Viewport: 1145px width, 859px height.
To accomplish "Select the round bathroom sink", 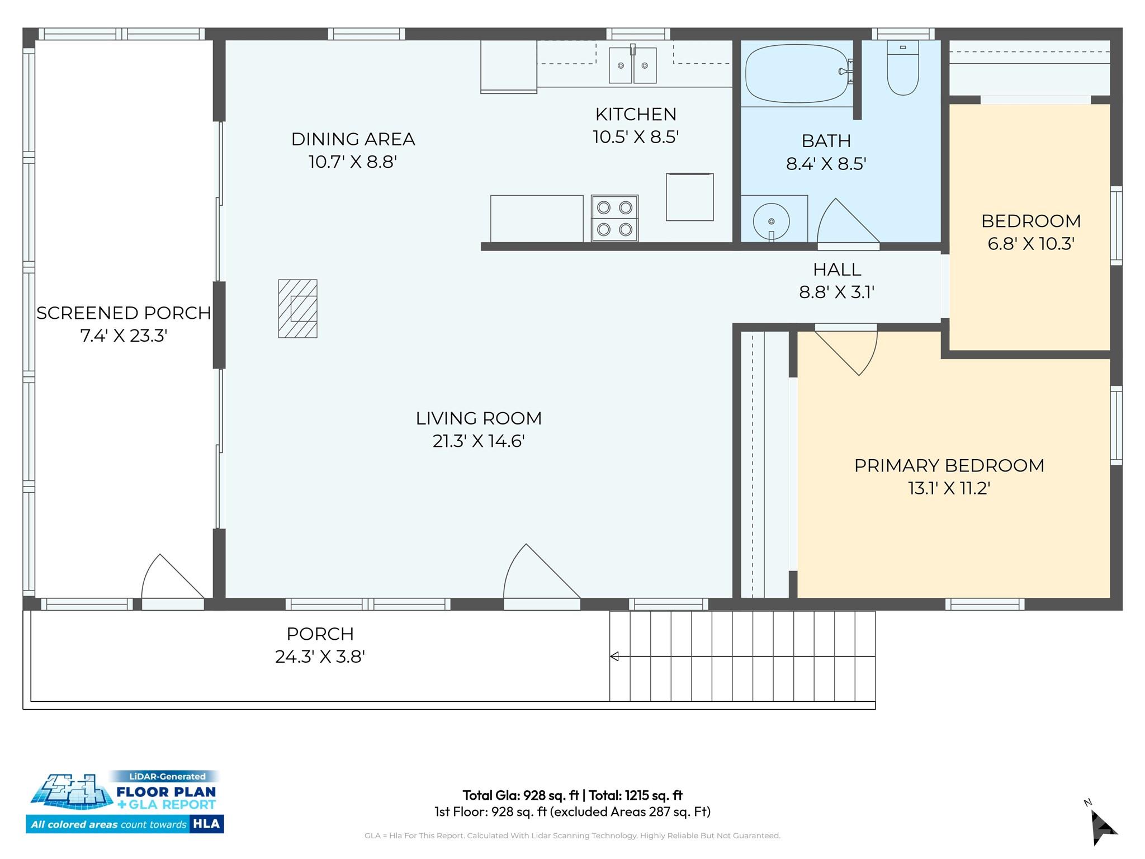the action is tap(772, 221).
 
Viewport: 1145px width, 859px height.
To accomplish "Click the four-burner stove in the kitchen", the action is tap(614, 218).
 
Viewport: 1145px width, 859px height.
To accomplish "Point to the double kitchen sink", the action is tap(632, 65).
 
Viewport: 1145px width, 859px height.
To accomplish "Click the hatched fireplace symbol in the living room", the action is tap(298, 309).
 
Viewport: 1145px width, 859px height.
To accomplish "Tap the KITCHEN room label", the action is tap(636, 114).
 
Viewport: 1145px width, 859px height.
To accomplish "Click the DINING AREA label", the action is tap(353, 139).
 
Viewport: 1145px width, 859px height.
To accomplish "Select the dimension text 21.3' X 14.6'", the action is tap(479, 441).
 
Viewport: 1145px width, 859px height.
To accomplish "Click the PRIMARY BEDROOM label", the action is tap(949, 465).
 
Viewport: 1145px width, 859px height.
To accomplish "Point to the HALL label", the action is tap(837, 270).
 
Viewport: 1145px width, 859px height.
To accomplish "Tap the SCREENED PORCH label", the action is tap(124, 313).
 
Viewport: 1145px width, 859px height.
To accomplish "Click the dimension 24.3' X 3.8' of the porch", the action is tap(320, 657).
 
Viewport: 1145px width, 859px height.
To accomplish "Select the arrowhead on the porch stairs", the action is tap(614, 657).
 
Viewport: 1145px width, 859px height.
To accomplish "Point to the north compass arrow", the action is tap(1103, 827).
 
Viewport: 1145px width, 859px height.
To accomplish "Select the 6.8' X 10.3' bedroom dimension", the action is tap(1031, 244).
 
